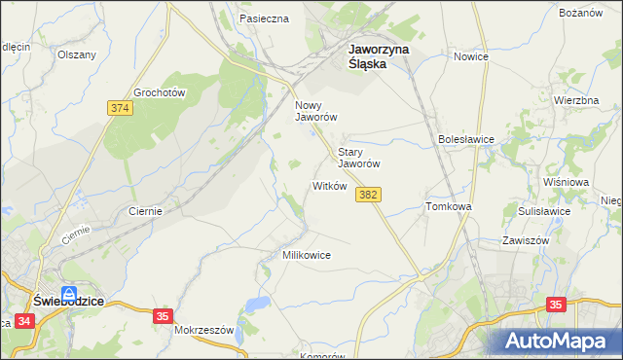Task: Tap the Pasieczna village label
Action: tap(264, 18)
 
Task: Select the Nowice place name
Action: tap(470, 56)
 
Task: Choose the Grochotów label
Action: tap(160, 92)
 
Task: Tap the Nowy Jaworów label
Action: tap(315, 110)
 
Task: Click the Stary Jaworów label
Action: tap(357, 158)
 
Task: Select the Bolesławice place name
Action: tap(466, 139)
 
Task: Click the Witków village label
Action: tap(329, 186)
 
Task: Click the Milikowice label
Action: tap(307, 255)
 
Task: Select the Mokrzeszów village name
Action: tap(204, 330)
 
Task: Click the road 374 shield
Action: tap(120, 107)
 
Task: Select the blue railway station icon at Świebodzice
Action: tap(69, 293)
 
